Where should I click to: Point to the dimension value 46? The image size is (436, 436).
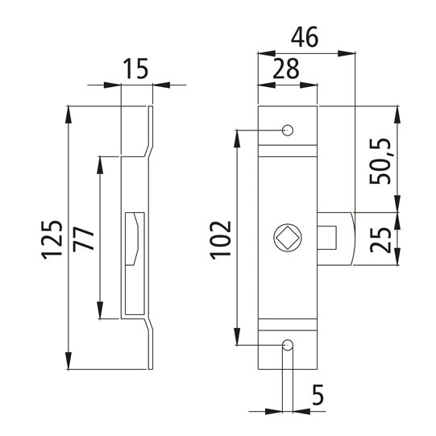(x=305, y=37)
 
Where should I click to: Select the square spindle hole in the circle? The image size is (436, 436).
(x=289, y=239)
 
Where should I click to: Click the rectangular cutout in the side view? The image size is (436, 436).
(x=134, y=239)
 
